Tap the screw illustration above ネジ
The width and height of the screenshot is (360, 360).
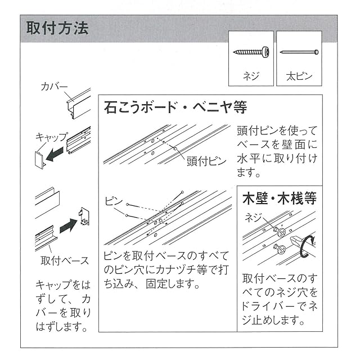[251, 52]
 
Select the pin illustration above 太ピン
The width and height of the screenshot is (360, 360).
[299, 52]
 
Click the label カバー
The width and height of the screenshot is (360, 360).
[54, 87]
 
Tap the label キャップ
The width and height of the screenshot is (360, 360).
[51, 137]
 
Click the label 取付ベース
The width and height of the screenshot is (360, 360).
[65, 260]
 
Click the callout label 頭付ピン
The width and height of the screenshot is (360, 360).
[206, 161]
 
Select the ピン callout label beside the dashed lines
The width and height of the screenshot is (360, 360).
[114, 200]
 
